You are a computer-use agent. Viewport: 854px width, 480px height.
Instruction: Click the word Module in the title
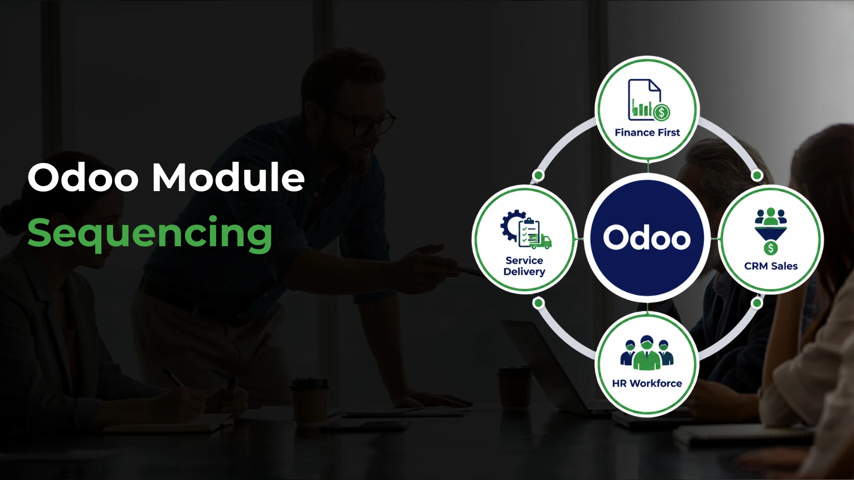coord(229,177)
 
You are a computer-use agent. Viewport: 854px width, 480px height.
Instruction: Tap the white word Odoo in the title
coord(83,177)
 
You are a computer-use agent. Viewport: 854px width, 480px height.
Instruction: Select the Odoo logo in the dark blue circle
coord(647,238)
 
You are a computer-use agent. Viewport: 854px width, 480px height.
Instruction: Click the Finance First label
coord(647,132)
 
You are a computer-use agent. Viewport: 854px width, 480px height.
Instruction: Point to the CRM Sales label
coord(771,266)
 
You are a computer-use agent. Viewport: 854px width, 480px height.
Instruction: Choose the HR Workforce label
coord(647,384)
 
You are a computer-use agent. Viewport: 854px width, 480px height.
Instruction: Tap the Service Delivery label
coord(524,266)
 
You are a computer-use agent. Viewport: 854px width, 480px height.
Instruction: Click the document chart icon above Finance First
coord(649,100)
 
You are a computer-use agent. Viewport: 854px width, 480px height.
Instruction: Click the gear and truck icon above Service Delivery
coord(526,229)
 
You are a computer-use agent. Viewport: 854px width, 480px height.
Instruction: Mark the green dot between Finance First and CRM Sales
coord(757,176)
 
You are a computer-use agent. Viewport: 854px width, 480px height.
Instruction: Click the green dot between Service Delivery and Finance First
coord(538,176)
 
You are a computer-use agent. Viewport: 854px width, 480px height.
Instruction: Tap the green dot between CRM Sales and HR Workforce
coord(757,303)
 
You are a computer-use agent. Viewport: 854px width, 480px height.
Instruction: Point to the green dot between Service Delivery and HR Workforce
coord(538,303)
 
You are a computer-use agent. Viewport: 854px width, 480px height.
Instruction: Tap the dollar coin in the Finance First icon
coord(661,112)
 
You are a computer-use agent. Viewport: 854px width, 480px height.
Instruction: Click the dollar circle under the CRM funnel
coord(771,248)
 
